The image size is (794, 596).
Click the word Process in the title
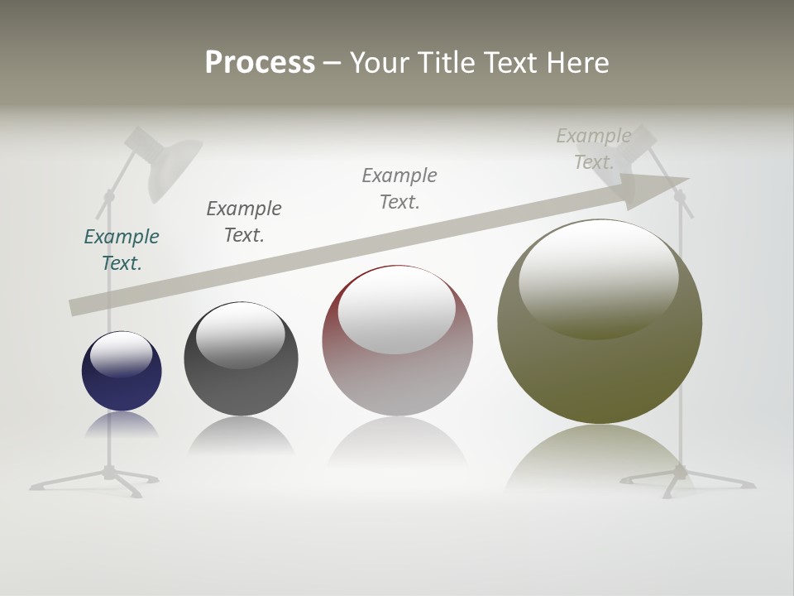(260, 63)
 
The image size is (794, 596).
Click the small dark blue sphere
(122, 371)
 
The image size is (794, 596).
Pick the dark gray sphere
(241, 358)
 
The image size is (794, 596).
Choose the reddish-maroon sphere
(397, 340)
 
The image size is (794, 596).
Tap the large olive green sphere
(599, 321)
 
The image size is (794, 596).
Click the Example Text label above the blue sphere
(122, 250)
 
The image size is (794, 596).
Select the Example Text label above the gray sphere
(244, 222)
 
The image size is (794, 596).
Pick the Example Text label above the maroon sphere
(399, 189)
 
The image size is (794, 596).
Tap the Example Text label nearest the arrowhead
(593, 149)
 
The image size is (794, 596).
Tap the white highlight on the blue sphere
(121, 354)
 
